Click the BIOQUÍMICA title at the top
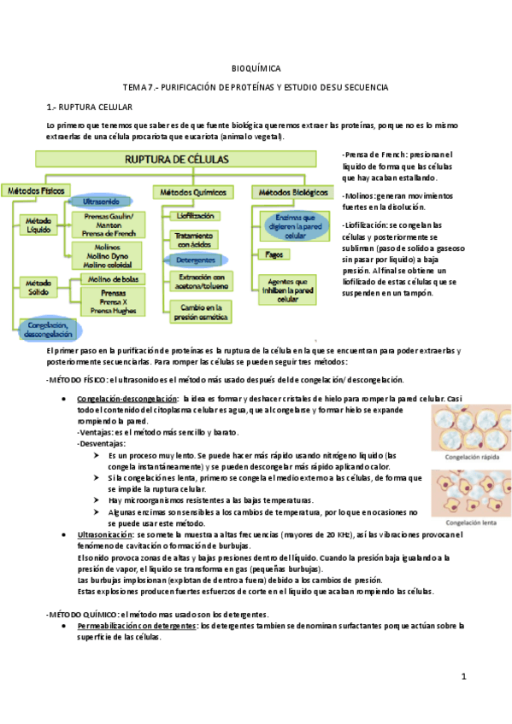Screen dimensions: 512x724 tap(256, 68)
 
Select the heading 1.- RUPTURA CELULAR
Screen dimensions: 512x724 tap(89, 108)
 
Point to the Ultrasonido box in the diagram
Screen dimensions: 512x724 tap(99, 201)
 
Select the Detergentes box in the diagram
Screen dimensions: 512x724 tap(196, 259)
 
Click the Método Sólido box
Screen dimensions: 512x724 tap(38, 287)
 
